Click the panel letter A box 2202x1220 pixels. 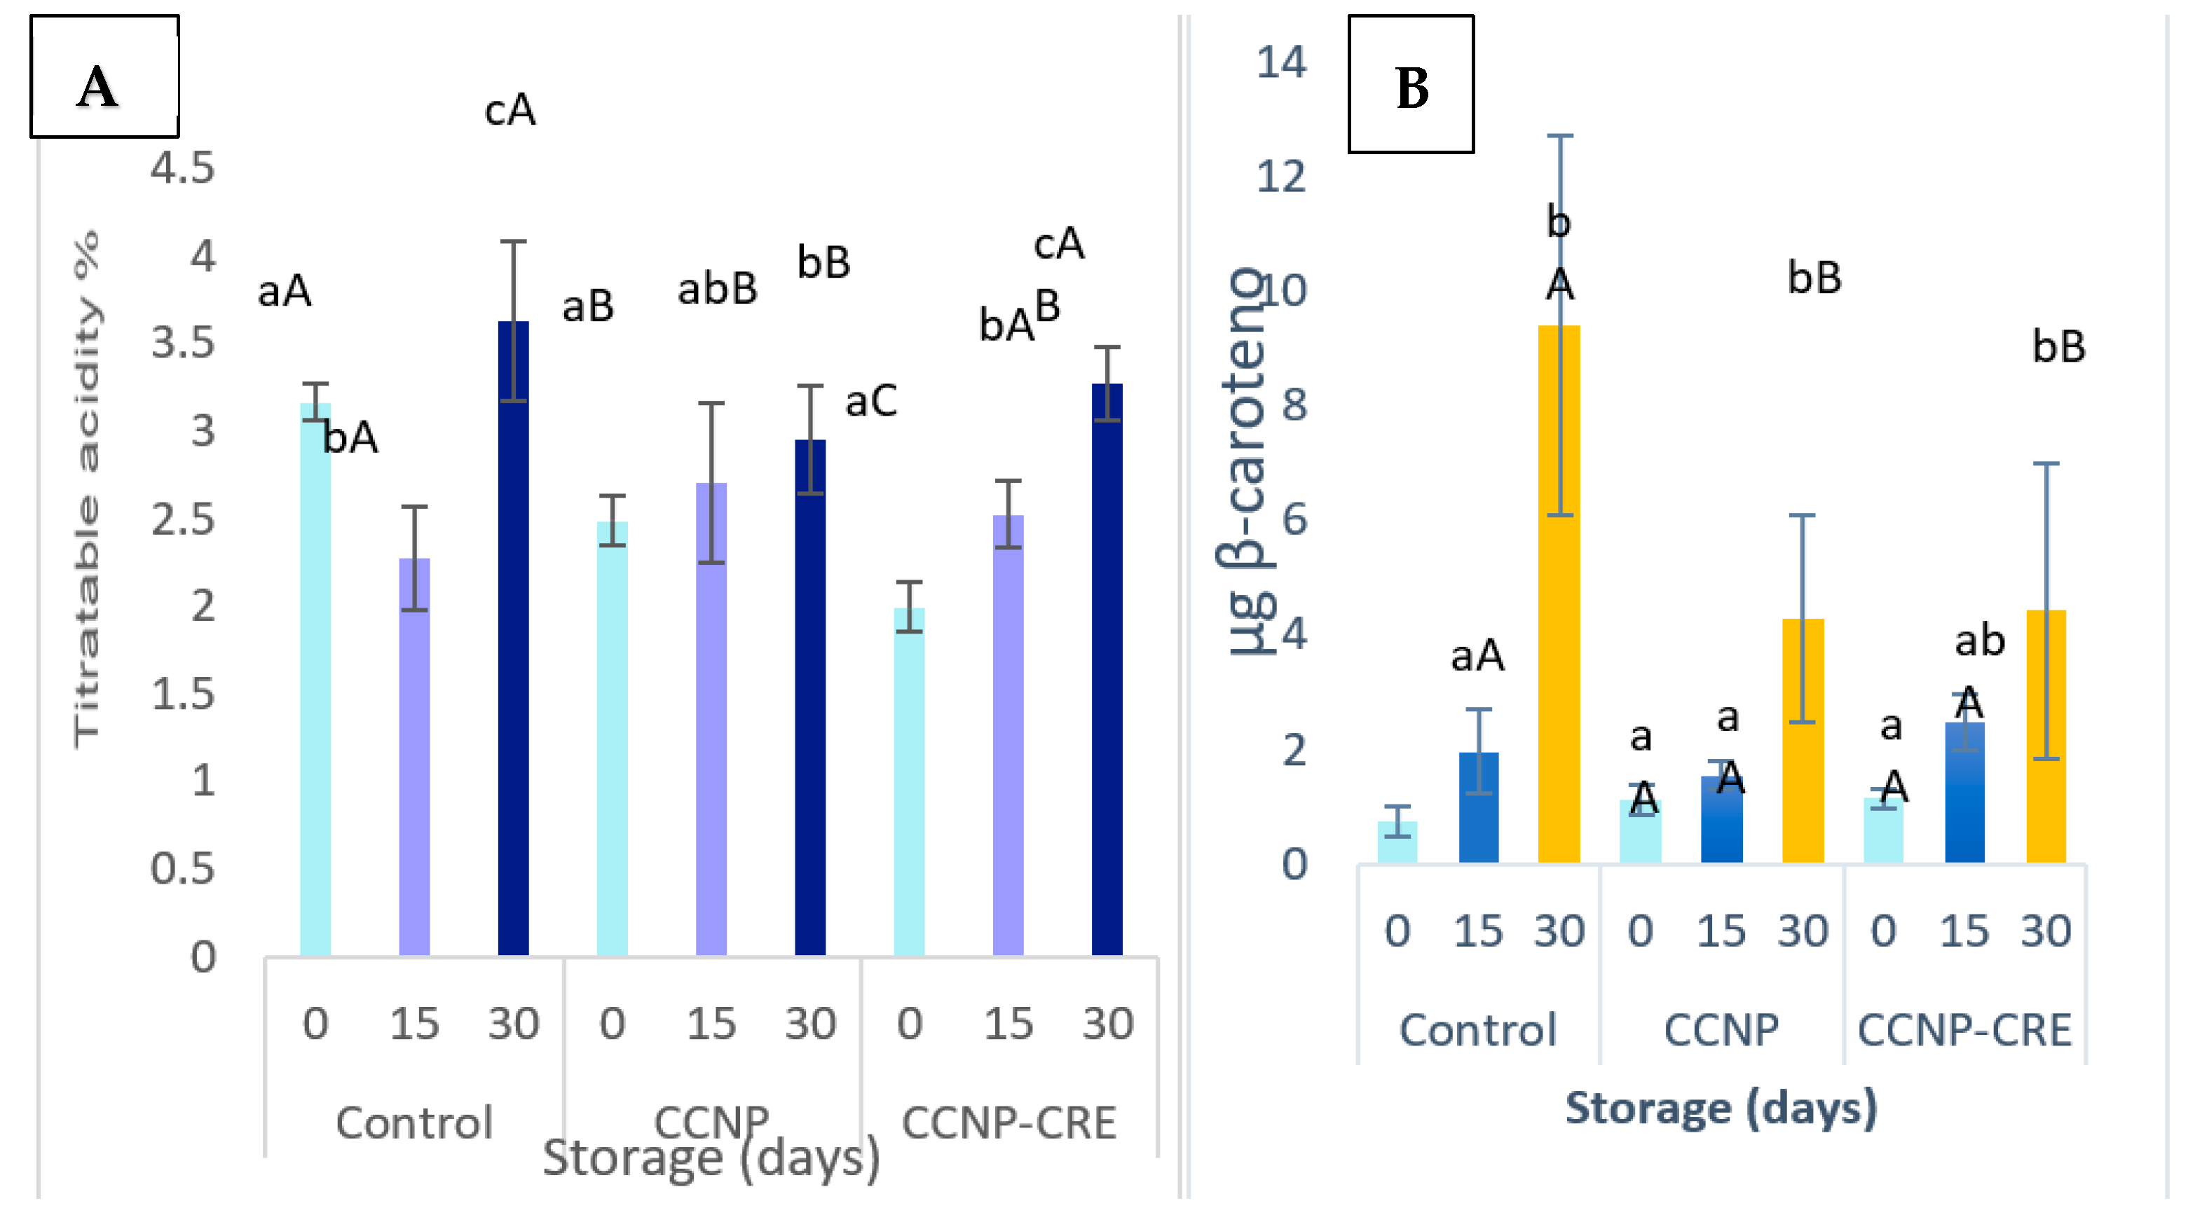click(x=104, y=77)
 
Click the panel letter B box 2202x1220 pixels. click(x=1411, y=84)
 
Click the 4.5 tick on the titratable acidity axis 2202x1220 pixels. click(x=182, y=167)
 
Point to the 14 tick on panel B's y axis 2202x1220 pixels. click(x=1280, y=62)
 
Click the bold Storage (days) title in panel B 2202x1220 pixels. click(x=1721, y=1108)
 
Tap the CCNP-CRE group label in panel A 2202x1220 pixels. click(x=1008, y=1123)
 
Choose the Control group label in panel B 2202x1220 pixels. click(x=1477, y=1029)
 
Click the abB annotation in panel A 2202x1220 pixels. click(x=717, y=289)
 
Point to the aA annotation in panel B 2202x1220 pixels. click(x=1477, y=656)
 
